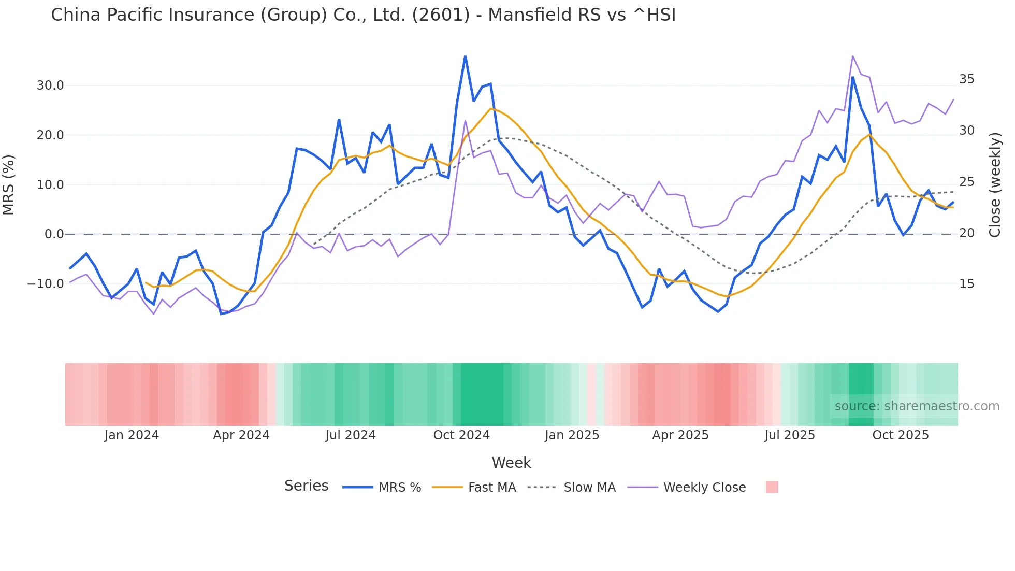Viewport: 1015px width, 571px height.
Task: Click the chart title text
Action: pos(363,15)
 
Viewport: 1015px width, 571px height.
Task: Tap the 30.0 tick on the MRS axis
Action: pos(50,85)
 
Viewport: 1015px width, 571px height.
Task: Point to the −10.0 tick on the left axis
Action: pos(46,284)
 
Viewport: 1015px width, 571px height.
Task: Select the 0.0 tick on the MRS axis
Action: pos(54,234)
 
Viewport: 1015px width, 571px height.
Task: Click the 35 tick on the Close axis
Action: pos(966,79)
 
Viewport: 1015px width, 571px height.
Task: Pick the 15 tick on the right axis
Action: pos(966,284)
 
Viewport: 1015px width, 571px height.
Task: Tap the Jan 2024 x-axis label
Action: pos(132,435)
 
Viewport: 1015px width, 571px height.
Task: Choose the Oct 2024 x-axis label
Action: pos(461,435)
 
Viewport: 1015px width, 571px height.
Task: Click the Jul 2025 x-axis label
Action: pos(790,435)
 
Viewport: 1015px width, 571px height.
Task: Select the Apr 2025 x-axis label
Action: pos(680,435)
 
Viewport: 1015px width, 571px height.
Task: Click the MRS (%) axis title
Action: pos(9,185)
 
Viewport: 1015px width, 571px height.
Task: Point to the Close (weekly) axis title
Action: pos(995,185)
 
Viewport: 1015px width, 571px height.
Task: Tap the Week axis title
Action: pos(511,463)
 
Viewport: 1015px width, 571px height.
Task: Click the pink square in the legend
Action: pos(772,487)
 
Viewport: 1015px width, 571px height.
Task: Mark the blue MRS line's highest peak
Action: pos(465,56)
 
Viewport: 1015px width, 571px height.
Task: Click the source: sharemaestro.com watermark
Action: pos(917,406)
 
